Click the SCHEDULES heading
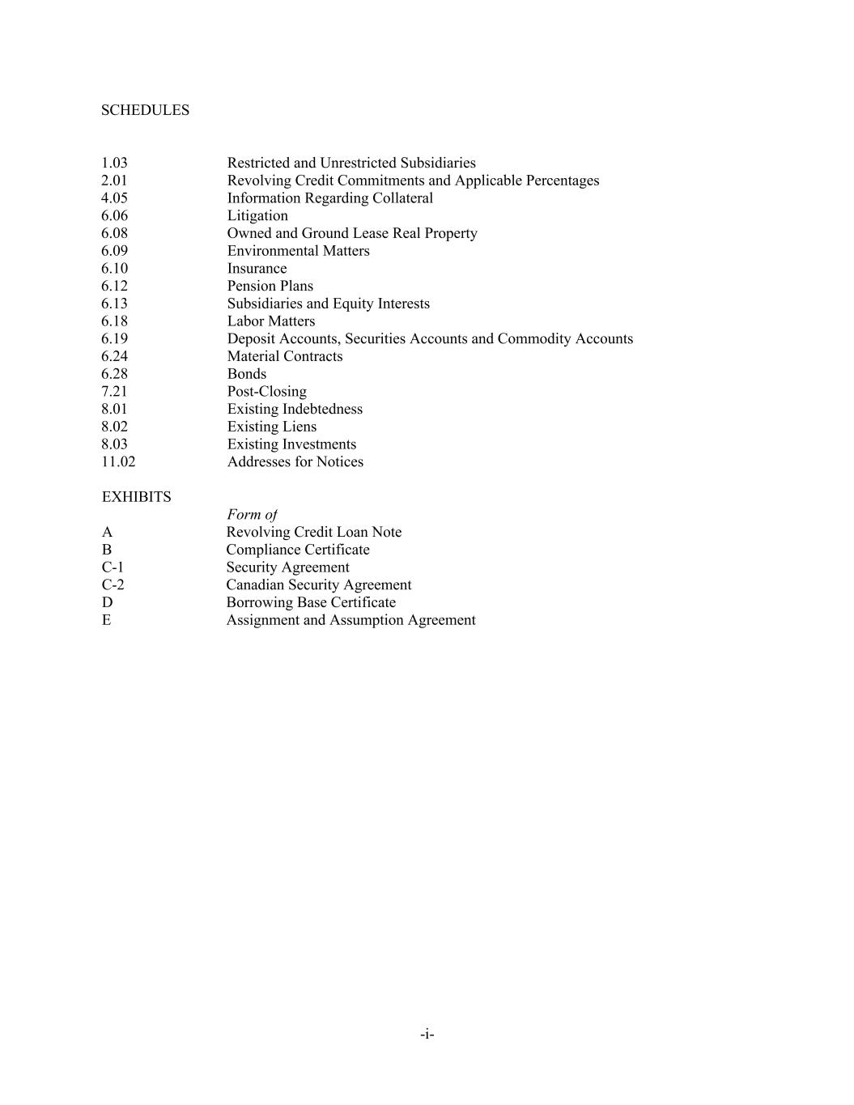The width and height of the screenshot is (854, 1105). pos(145,110)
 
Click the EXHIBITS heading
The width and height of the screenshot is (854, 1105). pos(136,497)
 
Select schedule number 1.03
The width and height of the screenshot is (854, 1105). pos(114,163)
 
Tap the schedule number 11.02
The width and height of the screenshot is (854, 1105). pos(118,461)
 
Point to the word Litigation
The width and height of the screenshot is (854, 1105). pos(257,215)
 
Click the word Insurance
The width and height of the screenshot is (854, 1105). pos(257,268)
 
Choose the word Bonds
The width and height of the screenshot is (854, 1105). pos(246,374)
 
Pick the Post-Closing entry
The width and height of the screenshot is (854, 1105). pos(266,392)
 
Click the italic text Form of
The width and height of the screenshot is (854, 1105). pos(252,514)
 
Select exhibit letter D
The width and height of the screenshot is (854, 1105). pos(107,602)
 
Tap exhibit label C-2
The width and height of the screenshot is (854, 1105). pos(113,584)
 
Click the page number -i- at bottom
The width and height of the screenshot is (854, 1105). pos(427,1034)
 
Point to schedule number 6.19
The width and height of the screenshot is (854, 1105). pos(114,338)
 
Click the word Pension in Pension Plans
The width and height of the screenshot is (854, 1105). pos(251,286)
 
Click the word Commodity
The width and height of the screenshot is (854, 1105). pos(534,338)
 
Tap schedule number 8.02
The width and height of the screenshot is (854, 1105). pos(114,427)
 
